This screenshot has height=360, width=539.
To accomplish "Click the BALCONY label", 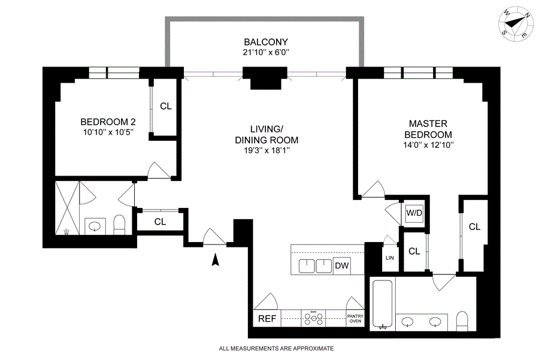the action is click(266, 42).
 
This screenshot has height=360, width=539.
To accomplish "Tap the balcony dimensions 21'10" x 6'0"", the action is click(266, 53).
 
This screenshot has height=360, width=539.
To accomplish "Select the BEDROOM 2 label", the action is click(108, 122).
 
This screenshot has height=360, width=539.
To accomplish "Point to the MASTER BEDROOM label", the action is click(428, 129).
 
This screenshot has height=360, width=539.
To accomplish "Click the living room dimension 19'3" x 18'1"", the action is click(267, 150).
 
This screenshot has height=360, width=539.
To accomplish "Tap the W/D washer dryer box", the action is click(414, 213).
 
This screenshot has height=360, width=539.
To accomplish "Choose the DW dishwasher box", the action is click(342, 265).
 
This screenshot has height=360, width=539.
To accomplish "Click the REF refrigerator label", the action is click(267, 319).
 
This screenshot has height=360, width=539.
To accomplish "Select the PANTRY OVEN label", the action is click(355, 319).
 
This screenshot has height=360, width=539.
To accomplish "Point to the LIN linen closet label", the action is click(390, 258).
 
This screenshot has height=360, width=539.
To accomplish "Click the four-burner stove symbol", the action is click(313, 319).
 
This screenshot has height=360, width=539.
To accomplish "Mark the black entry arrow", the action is click(215, 259).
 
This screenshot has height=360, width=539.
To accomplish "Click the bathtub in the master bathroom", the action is click(382, 304).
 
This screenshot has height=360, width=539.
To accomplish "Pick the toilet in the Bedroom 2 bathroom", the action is click(119, 225).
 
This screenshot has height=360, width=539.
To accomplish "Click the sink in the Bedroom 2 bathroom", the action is click(95, 226).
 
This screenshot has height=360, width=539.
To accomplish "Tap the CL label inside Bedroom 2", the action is click(166, 106).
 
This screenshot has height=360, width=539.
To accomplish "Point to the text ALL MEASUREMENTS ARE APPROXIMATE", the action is click(276, 348).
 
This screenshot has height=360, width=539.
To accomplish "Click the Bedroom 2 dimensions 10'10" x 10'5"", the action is click(108, 132).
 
